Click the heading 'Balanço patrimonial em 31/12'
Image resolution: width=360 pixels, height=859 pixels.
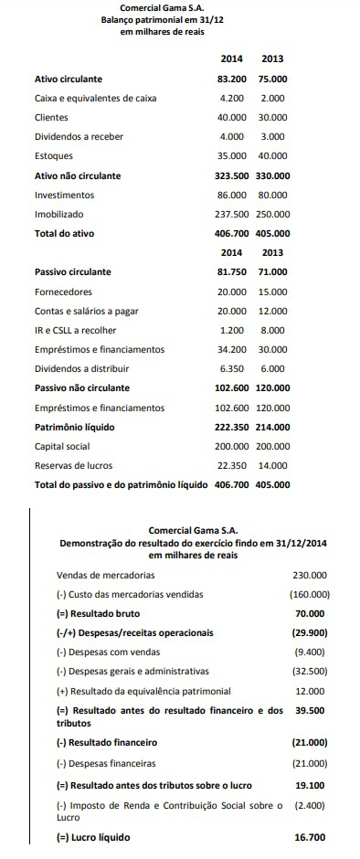[162, 19]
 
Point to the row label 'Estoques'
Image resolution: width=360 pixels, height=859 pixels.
[54, 156]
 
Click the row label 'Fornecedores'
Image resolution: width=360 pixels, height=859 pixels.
[64, 292]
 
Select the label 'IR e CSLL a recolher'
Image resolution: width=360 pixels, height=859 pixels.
[76, 330]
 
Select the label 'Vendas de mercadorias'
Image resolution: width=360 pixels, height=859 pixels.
[105, 576]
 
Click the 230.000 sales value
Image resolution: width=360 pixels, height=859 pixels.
[310, 576]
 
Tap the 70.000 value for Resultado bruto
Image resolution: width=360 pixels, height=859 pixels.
[312, 614]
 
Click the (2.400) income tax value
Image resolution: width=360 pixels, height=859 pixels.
[312, 805]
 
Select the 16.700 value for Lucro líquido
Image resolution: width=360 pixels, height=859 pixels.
[312, 837]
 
